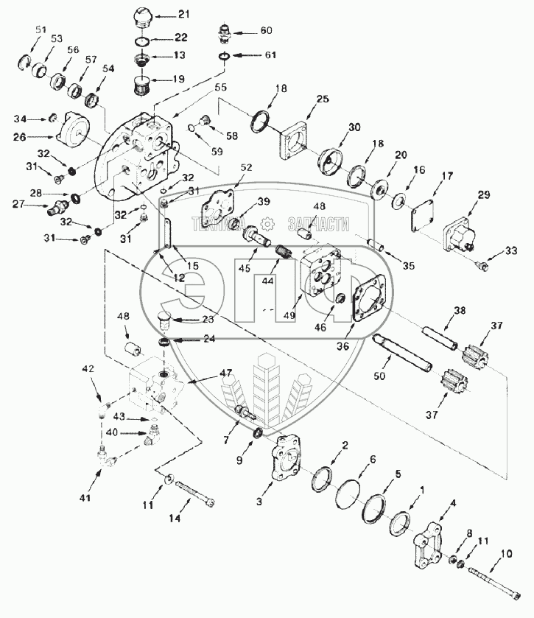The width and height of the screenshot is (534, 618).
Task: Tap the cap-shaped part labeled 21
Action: pos(141,16)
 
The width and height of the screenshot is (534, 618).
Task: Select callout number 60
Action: pos(265,31)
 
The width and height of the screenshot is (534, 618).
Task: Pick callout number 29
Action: pos(483,194)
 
